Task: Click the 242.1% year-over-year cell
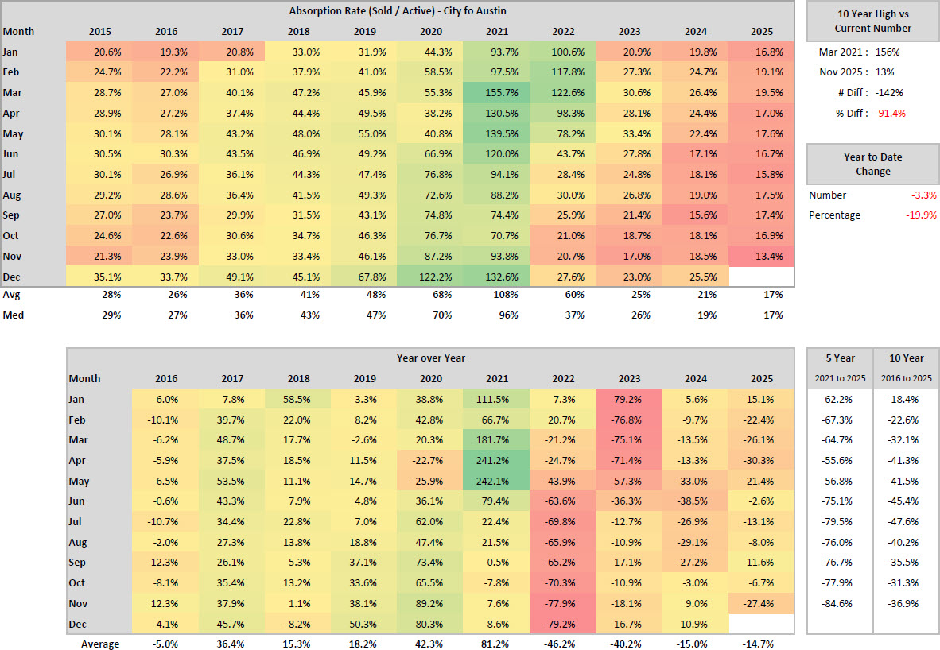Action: (x=502, y=481)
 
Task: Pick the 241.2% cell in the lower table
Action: (x=502, y=460)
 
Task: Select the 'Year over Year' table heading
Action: (x=430, y=358)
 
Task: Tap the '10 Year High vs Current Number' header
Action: (x=872, y=21)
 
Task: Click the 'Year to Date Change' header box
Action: (x=872, y=164)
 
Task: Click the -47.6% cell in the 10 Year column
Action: (x=906, y=521)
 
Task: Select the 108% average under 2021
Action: (x=507, y=294)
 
